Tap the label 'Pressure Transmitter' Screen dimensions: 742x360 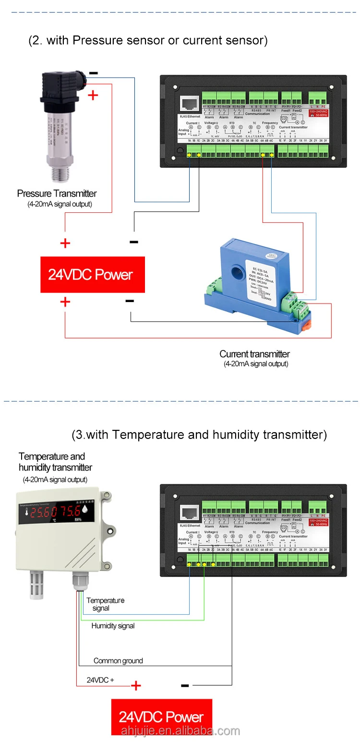pyautogui.click(x=57, y=194)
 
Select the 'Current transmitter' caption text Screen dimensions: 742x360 pyautogui.click(x=254, y=354)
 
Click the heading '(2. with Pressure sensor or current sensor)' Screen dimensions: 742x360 pyautogui.click(x=148, y=40)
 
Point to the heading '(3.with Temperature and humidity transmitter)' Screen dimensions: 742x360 pyautogui.click(x=199, y=435)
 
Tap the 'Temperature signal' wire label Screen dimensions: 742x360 pyautogui.click(x=105, y=604)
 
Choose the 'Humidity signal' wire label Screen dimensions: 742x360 pyautogui.click(x=113, y=626)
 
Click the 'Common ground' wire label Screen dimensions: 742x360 pyautogui.click(x=118, y=661)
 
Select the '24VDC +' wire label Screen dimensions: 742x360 pyautogui.click(x=100, y=680)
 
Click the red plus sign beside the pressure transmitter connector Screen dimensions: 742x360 pyautogui.click(x=93, y=95)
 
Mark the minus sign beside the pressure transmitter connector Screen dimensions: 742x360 pyautogui.click(x=94, y=73)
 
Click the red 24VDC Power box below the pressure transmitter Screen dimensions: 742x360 pyautogui.click(x=92, y=275)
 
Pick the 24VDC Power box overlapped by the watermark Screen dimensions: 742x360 pyautogui.click(x=161, y=717)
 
